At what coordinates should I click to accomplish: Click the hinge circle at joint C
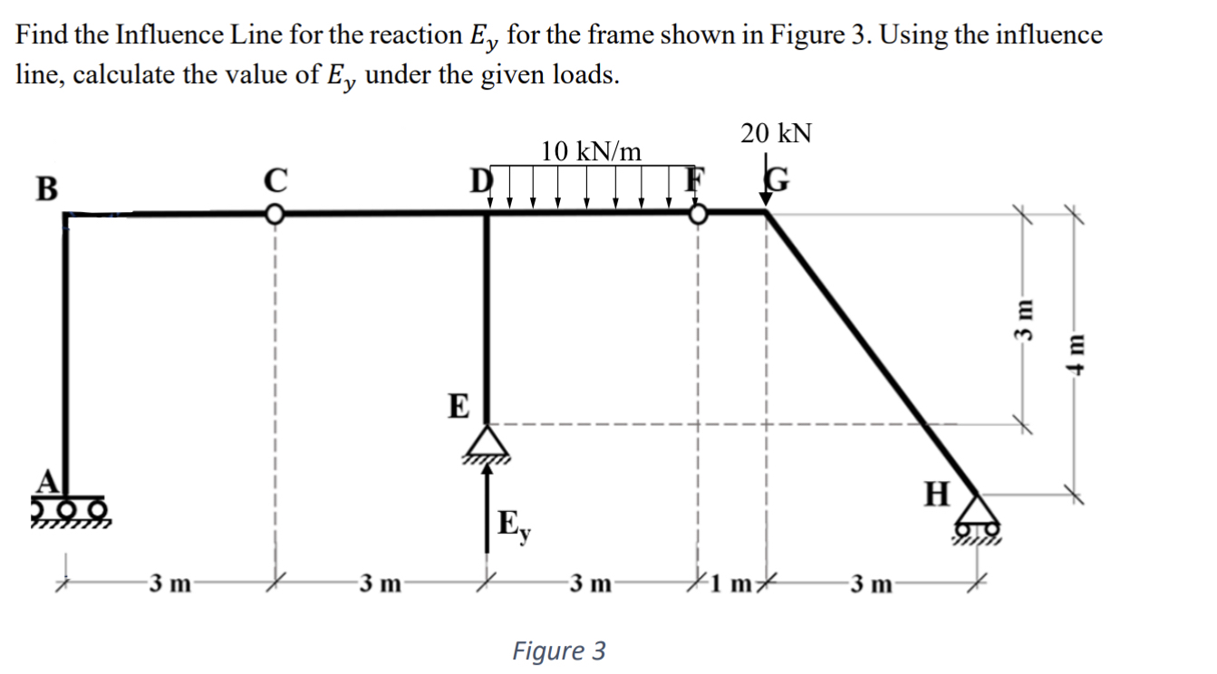coord(273,215)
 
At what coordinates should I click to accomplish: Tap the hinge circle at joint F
coord(698,215)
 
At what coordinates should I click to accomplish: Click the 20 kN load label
coord(776,134)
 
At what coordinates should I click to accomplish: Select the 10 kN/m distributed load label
coord(591,151)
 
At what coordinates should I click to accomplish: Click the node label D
coord(479,179)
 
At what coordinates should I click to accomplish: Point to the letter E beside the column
coord(460,407)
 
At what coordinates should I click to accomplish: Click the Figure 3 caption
coord(559,650)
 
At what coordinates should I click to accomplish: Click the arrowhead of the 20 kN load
coord(766,200)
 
